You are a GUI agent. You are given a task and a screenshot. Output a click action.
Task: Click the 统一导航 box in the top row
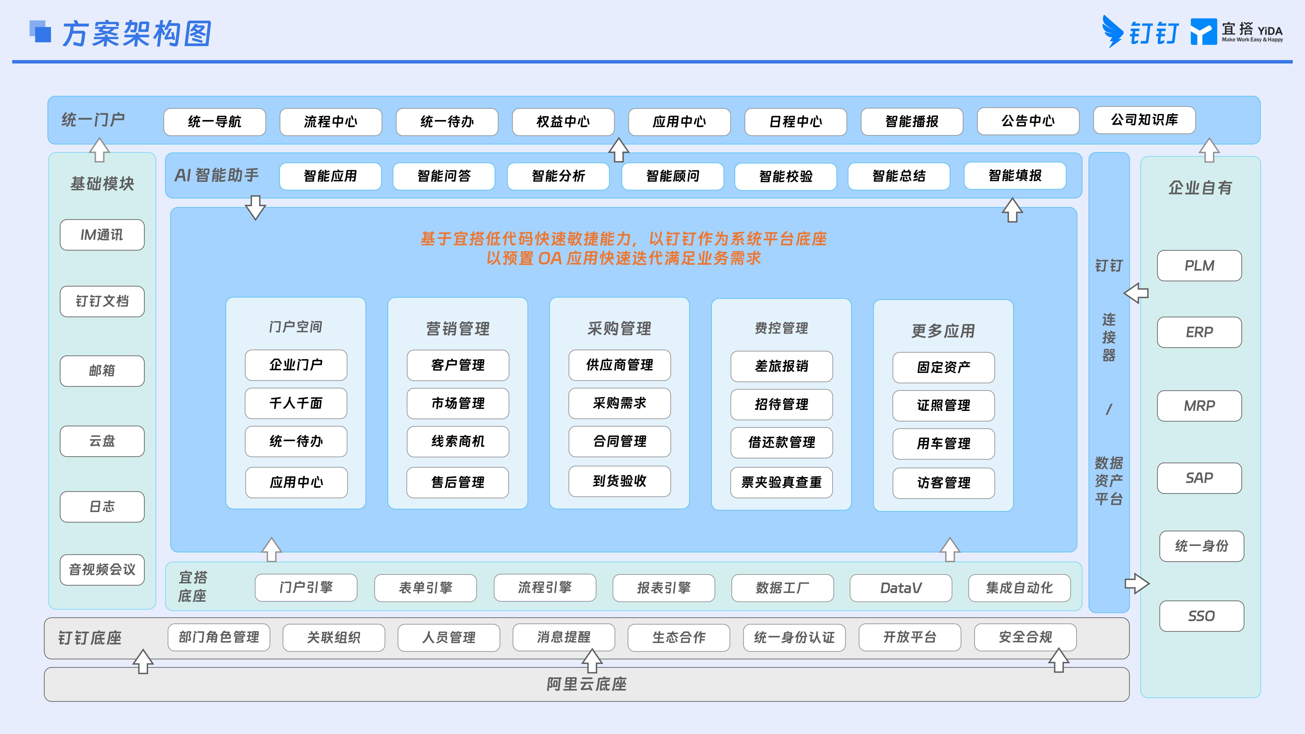(x=214, y=122)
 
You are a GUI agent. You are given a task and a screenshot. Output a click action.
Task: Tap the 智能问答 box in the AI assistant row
(x=444, y=176)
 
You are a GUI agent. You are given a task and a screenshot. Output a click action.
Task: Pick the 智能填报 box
(x=1015, y=176)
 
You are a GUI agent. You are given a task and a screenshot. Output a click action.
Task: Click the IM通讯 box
(x=102, y=234)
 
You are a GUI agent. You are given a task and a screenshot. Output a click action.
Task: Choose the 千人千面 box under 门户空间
(x=296, y=403)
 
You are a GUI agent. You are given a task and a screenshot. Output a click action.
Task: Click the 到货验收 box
(x=620, y=481)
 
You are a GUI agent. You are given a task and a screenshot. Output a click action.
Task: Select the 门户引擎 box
(x=306, y=588)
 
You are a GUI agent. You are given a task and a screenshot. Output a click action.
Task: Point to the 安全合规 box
(x=1025, y=637)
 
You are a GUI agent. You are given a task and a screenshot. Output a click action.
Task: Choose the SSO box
(x=1202, y=616)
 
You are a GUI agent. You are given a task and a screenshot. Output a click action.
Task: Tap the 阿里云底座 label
(x=587, y=684)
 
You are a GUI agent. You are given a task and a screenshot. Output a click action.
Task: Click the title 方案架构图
(x=137, y=34)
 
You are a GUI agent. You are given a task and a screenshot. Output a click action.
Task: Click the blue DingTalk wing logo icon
(x=1113, y=31)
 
